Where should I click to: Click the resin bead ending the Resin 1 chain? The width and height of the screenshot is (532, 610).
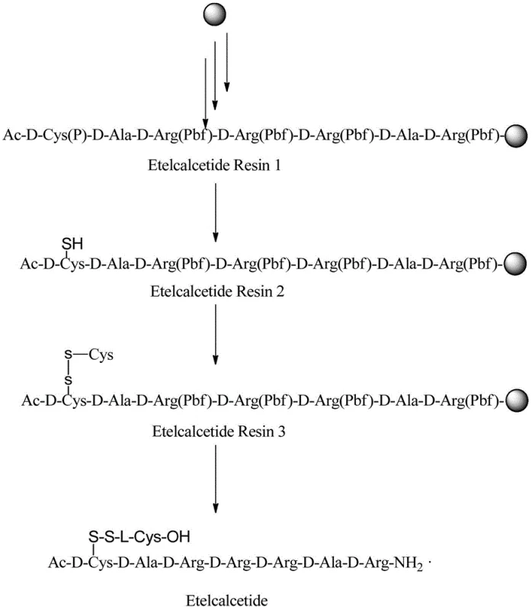516,136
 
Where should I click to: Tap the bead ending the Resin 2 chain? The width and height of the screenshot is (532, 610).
516,266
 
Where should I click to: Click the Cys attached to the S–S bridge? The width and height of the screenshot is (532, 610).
101,354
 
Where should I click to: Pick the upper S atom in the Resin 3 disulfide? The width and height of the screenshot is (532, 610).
68,355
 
